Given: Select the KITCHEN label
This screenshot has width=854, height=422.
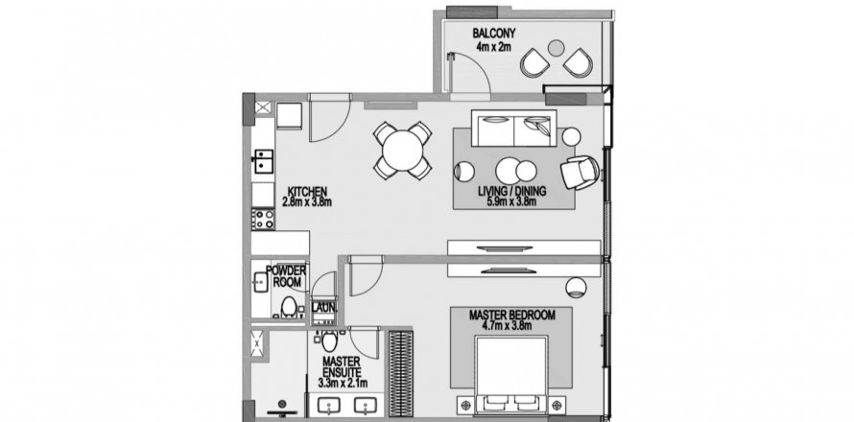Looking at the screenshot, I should point(306,191).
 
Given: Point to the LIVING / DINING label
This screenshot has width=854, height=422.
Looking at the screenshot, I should point(512,192).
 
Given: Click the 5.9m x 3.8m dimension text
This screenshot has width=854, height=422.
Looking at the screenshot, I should point(512,203).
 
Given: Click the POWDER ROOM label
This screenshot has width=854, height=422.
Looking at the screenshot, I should point(286,276).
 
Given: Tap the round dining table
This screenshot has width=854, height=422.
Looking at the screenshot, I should point(402,150).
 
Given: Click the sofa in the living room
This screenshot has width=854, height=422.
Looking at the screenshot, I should point(513,129).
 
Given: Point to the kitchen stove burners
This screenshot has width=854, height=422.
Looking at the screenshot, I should point(263,218).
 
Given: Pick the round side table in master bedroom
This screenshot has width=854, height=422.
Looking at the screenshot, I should point(578,284).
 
